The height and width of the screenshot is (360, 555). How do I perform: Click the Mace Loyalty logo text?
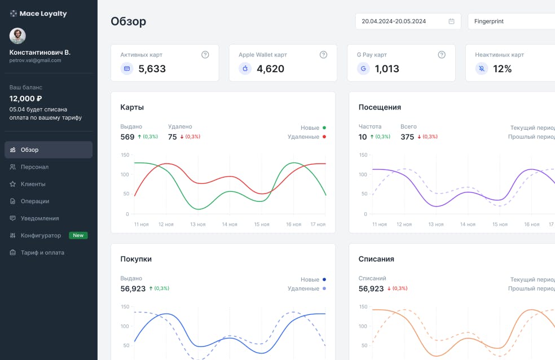[43, 14]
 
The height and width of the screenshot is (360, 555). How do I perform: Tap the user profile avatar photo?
[17, 36]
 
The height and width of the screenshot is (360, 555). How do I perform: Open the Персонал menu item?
[34, 167]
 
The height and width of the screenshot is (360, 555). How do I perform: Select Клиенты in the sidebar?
[33, 184]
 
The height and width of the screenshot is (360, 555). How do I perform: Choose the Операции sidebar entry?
[35, 201]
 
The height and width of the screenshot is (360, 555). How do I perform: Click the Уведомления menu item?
[39, 218]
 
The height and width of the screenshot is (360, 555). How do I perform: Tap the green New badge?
[78, 235]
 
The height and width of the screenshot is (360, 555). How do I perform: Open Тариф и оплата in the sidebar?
[42, 253]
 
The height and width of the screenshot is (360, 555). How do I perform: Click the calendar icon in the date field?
[451, 21]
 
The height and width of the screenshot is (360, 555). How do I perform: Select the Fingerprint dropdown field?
[510, 21]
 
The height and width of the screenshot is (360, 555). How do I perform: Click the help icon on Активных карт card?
[205, 55]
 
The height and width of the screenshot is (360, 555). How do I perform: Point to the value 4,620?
[270, 69]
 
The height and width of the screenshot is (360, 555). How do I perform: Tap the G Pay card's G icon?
[363, 69]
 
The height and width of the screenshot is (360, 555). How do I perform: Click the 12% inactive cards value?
[502, 69]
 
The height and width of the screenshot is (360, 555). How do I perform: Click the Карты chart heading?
[132, 107]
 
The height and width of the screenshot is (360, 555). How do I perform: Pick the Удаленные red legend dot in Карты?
[324, 137]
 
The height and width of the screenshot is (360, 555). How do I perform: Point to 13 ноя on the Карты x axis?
[197, 225]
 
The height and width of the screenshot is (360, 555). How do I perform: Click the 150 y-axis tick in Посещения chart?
[363, 155]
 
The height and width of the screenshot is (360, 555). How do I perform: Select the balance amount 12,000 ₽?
[26, 98]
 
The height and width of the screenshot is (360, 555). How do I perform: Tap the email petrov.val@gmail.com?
[35, 60]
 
